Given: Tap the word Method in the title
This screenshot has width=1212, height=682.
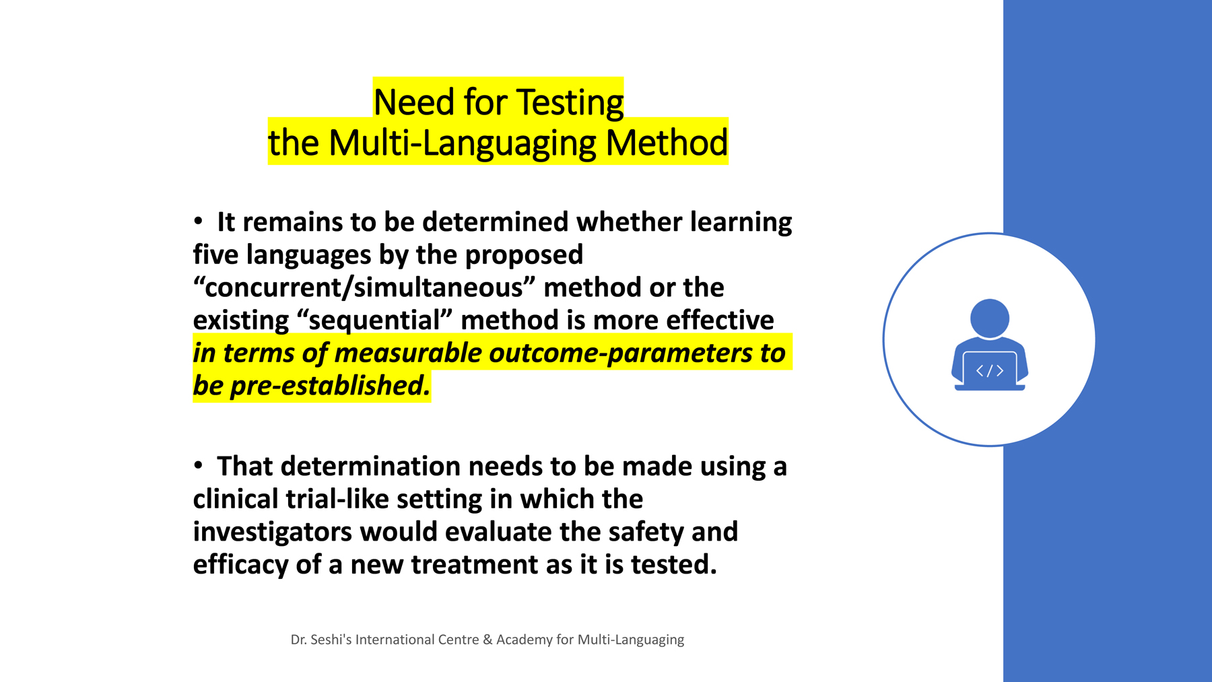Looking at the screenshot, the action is click(x=667, y=143).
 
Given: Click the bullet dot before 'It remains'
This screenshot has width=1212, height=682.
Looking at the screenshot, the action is click(x=198, y=220).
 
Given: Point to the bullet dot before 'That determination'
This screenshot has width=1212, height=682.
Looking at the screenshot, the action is click(x=198, y=465).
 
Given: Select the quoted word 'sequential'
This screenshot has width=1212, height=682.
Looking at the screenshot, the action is click(x=374, y=320).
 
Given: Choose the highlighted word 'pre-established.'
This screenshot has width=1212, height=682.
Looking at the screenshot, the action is click(x=330, y=386).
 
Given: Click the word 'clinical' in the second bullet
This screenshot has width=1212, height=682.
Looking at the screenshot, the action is click(x=236, y=499).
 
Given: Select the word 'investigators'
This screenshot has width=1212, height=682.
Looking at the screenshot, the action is click(x=272, y=532).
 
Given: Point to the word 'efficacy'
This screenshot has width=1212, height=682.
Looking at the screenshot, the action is click(x=240, y=565).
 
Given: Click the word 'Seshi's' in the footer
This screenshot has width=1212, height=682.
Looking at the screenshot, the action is click(x=331, y=640).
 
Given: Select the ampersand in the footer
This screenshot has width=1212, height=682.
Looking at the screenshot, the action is click(x=487, y=640).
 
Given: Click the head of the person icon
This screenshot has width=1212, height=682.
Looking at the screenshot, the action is click(x=989, y=318).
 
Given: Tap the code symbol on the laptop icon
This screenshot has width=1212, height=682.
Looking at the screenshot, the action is click(x=989, y=370).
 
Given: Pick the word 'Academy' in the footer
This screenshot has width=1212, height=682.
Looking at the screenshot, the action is click(x=524, y=640).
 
